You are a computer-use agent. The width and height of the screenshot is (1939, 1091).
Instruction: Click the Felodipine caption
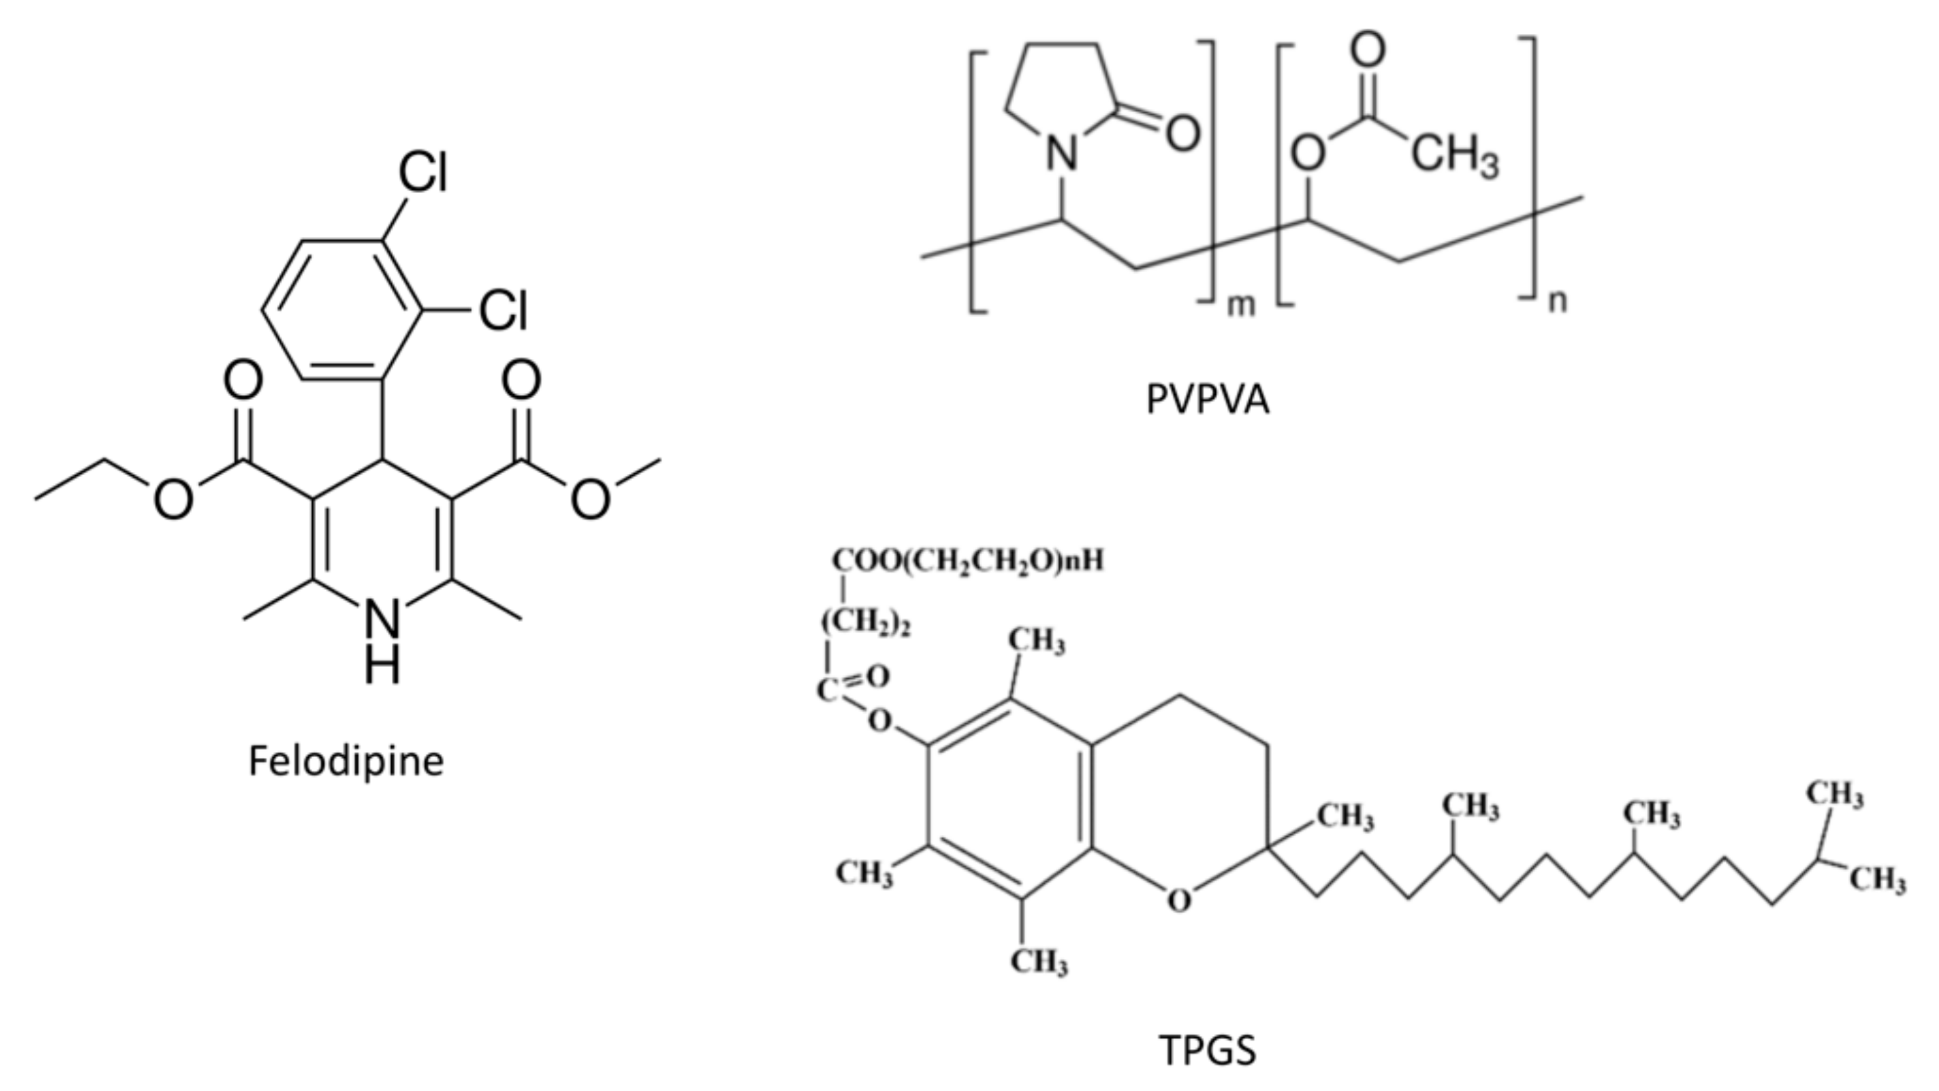(x=346, y=761)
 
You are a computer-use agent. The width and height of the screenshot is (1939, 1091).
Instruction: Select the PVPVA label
(x=1207, y=400)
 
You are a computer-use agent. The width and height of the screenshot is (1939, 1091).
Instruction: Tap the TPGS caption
(x=1207, y=1051)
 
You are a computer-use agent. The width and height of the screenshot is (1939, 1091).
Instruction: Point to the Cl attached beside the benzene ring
(x=503, y=310)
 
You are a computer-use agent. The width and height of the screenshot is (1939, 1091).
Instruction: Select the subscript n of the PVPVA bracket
(x=1557, y=301)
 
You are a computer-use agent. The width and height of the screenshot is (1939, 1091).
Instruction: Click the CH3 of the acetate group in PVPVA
(x=1454, y=156)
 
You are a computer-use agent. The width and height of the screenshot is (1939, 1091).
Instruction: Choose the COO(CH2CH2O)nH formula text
(x=968, y=561)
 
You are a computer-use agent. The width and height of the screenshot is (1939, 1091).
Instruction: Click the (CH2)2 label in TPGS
(x=866, y=624)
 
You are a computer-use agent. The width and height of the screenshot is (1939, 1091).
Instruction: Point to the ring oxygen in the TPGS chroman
(x=1179, y=900)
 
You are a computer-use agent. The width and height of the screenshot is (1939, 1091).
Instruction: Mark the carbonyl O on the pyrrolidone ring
(x=1183, y=133)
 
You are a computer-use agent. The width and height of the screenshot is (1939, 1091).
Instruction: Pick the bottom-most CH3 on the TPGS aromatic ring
(x=1039, y=962)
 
